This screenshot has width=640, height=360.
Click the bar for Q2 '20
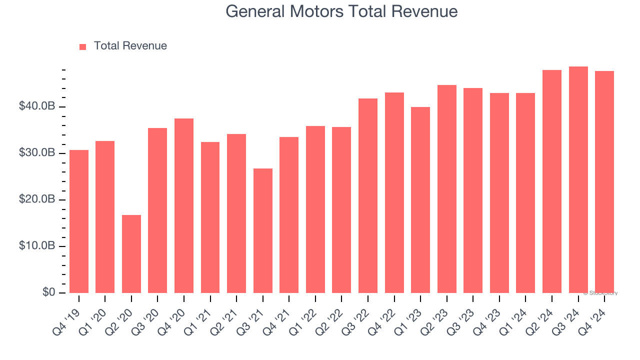point(131,254)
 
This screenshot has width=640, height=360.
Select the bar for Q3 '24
point(578,180)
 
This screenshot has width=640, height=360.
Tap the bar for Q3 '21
point(263,230)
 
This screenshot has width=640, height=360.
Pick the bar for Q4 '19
point(79,221)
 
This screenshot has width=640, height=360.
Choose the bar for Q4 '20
point(184,205)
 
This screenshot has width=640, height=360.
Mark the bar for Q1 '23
point(420,200)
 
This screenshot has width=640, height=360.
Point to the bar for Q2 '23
point(447,189)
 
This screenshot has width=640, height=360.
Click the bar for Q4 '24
point(604,182)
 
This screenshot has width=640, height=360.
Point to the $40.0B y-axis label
point(37,106)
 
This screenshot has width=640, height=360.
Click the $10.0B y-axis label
point(37,246)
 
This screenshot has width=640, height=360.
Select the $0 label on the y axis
point(48,292)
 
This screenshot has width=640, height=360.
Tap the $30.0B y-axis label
point(37,153)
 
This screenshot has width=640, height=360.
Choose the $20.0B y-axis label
point(37,199)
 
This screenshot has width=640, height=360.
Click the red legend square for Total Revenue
point(83,46)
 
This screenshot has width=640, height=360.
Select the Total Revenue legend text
point(130,46)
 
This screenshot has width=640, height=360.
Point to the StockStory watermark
point(601,293)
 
